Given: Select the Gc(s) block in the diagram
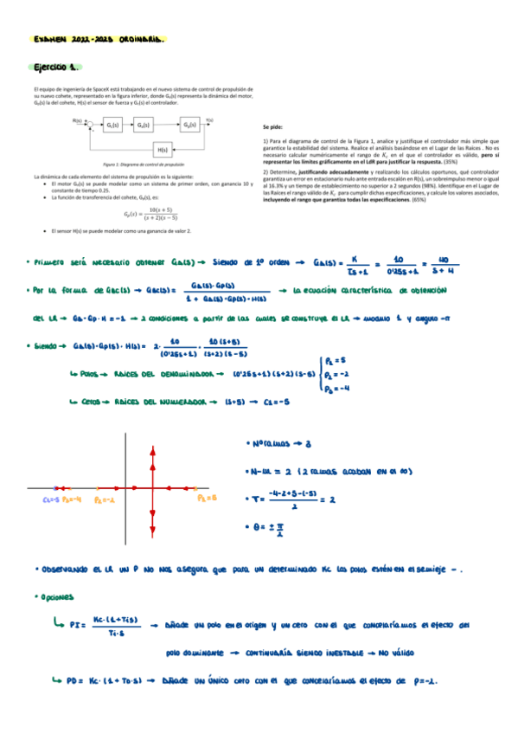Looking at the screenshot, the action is [x=112, y=126].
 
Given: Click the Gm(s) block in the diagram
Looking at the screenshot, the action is [x=144, y=126].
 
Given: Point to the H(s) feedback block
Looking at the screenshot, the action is [x=162, y=150].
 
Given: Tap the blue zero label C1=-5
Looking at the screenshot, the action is [x=49, y=499].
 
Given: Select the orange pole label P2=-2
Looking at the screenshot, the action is [x=105, y=499].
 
